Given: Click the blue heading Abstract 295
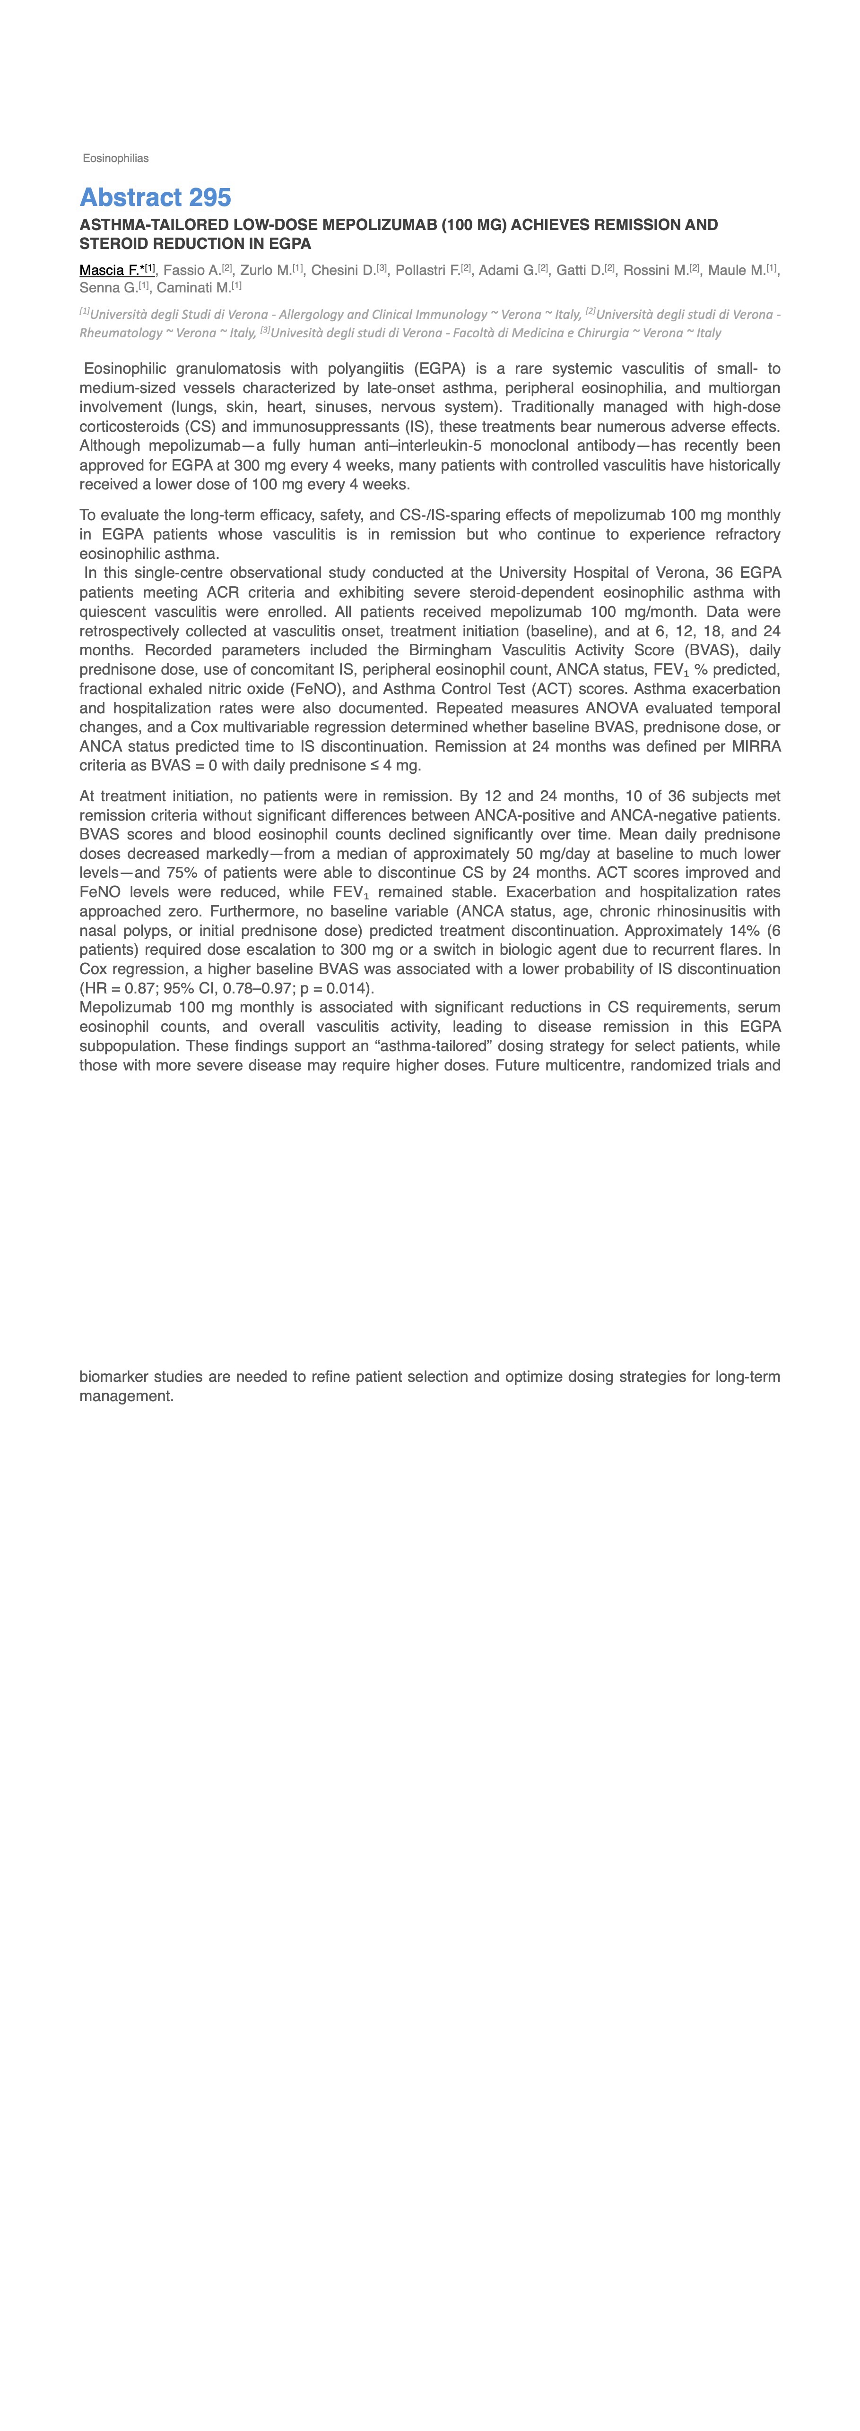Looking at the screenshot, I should [155, 197].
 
